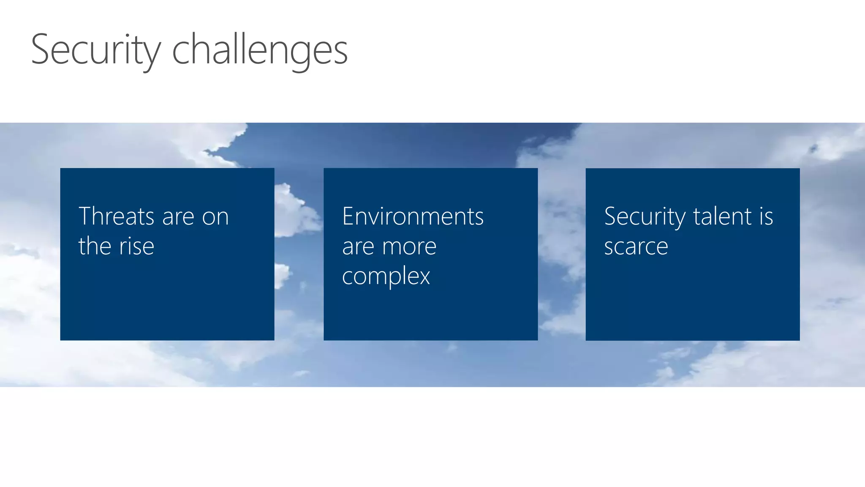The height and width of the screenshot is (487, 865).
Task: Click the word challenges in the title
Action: coord(260,50)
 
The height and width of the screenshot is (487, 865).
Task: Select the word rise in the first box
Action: coord(136,246)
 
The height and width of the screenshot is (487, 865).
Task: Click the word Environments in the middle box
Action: coord(413,216)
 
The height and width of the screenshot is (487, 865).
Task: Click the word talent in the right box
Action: coord(723,216)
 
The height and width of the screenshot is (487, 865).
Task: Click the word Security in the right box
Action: coord(645,217)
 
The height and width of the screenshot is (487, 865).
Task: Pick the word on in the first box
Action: coord(215,217)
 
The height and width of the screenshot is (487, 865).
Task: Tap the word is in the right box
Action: coord(766,216)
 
